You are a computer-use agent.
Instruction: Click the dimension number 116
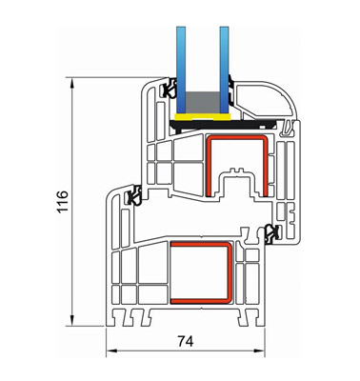[63, 202]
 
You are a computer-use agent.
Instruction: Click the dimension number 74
[186, 341]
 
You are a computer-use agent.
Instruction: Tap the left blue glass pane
[181, 70]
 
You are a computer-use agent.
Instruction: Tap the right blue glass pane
[224, 70]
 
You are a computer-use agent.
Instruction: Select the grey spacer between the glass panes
[203, 102]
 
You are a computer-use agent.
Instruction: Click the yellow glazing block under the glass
[203, 117]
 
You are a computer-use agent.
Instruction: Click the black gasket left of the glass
[169, 89]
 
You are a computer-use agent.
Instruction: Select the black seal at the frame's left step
[133, 194]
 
